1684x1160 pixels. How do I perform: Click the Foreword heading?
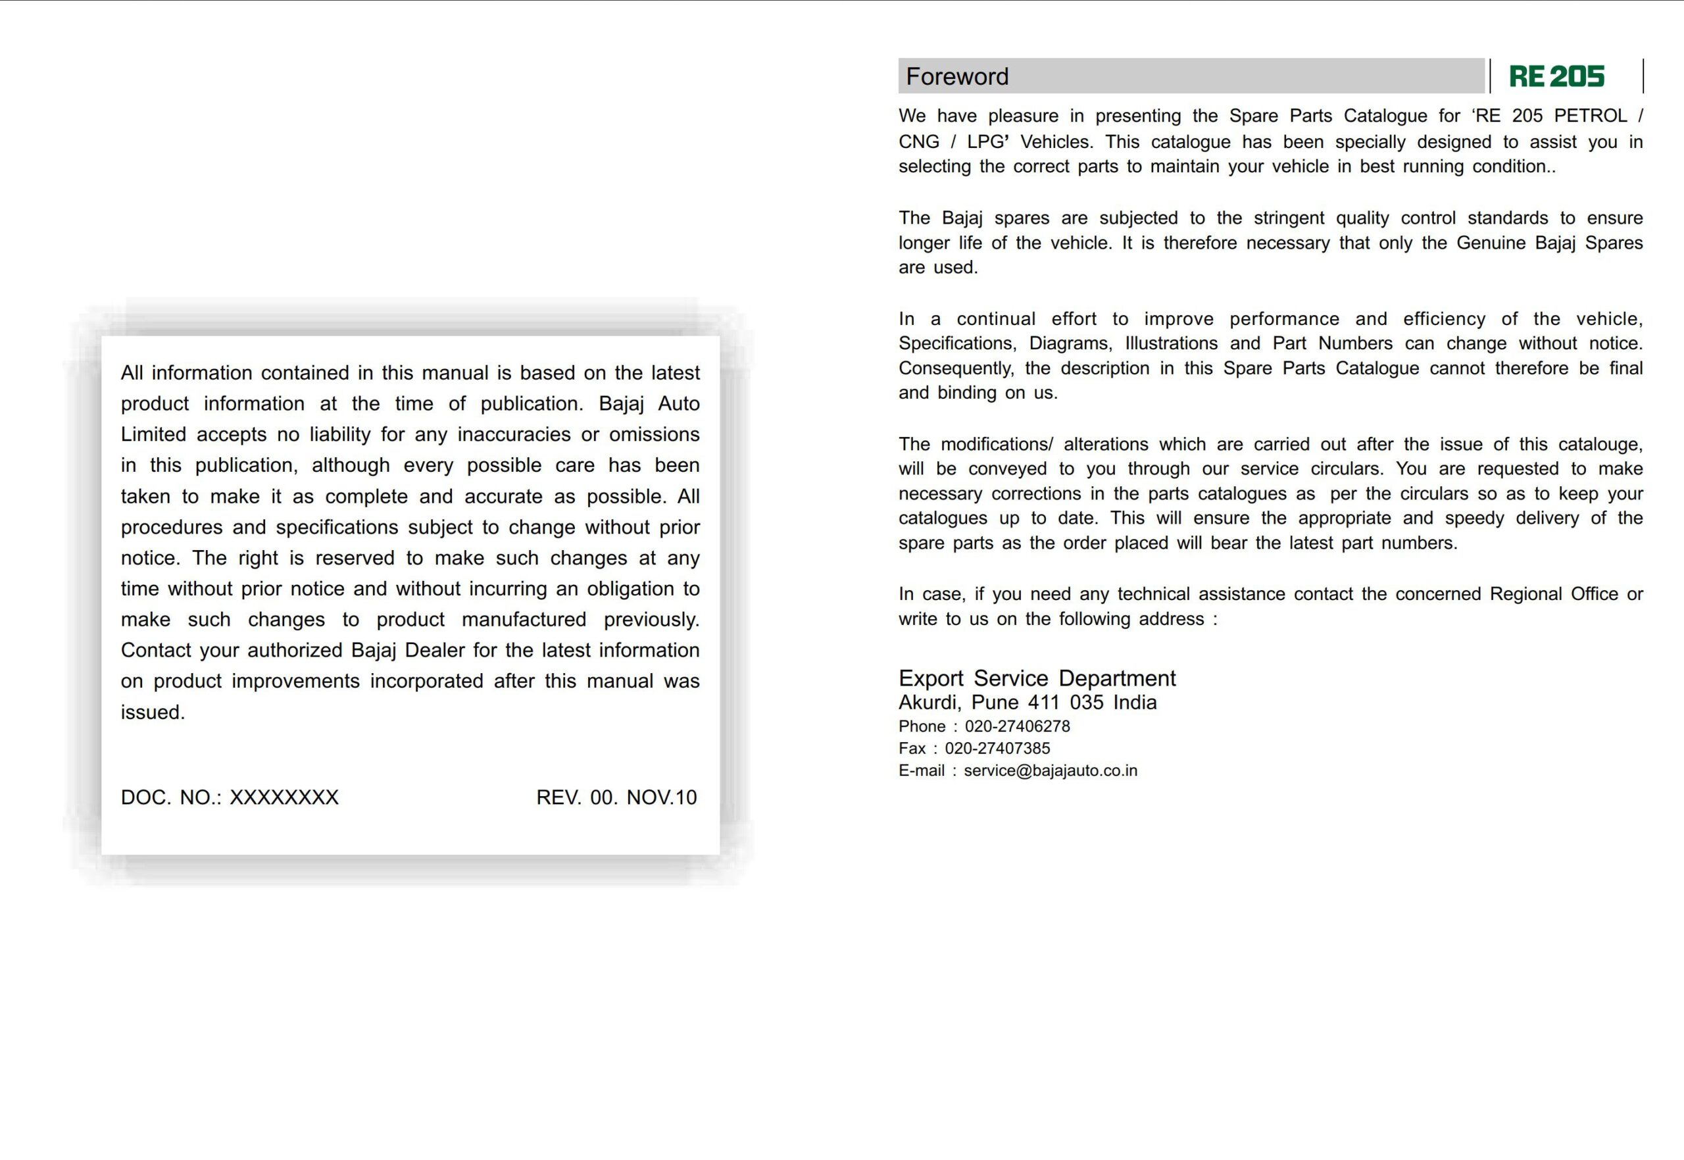(956, 76)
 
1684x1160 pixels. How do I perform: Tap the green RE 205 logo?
(1556, 76)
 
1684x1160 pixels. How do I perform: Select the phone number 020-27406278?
(1017, 726)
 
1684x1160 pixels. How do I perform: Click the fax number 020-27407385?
(997, 748)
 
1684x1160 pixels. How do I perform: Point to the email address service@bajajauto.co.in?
(1050, 770)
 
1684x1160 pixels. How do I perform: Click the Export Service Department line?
(1037, 678)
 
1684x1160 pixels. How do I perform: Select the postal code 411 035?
(1065, 702)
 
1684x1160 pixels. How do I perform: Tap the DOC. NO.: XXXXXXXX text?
(230, 797)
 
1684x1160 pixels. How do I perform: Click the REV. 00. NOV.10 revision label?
(616, 797)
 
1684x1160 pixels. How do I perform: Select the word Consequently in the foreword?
(955, 368)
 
